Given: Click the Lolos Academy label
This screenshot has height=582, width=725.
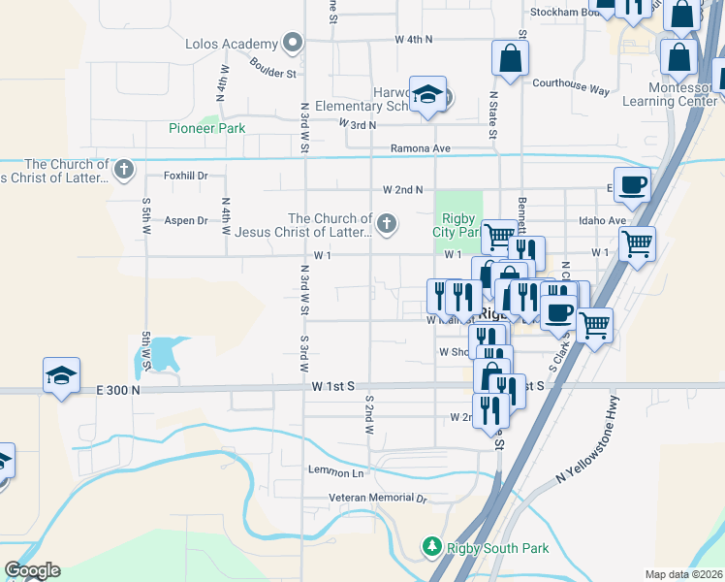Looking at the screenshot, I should pos(231,44).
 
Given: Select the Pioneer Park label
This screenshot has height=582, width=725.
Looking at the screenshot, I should pos(206,128).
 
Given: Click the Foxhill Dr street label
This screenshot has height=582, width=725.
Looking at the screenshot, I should pos(186,176).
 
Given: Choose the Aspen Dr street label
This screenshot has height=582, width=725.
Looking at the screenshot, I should pos(185,220).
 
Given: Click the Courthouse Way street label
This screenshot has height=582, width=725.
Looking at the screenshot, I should pos(571,85).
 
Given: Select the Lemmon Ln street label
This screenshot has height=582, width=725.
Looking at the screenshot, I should pos(335,471).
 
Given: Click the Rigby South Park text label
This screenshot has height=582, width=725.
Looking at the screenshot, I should pos(498,548).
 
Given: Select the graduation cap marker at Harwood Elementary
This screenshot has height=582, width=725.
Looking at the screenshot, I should pos(427,95).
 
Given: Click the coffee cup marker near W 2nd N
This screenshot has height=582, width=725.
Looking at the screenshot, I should pos(632,182).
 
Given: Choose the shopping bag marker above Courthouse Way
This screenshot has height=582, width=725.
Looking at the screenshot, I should pos(510,57).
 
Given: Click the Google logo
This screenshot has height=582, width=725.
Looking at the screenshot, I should pos(32,570).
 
